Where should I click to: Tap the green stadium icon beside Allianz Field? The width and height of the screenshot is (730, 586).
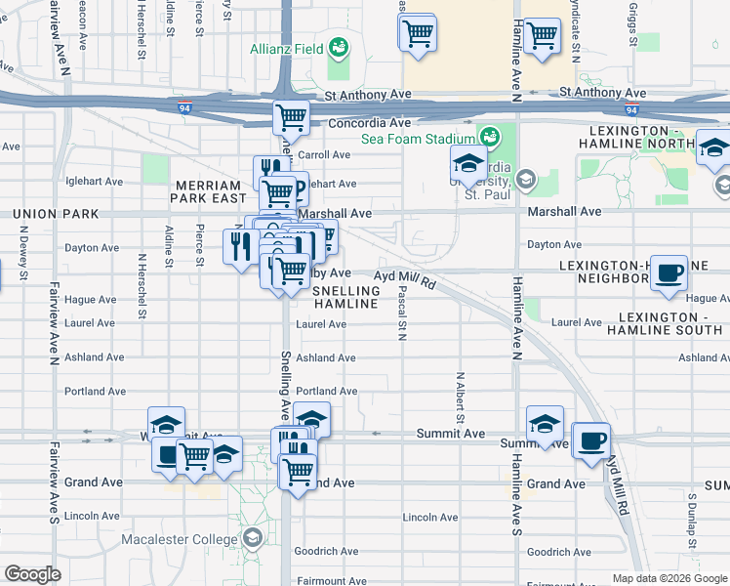340,46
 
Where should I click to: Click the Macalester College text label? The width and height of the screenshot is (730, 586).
179,539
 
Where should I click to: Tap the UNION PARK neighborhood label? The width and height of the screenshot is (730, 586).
48,213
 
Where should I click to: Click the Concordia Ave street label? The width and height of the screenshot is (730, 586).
369,124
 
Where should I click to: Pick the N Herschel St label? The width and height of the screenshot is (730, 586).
142,286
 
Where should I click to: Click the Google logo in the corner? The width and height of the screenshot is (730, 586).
31,574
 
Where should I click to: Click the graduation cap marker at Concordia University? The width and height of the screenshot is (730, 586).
468,162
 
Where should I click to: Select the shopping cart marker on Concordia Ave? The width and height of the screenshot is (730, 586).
291,117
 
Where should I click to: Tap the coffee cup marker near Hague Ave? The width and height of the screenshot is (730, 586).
669,273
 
